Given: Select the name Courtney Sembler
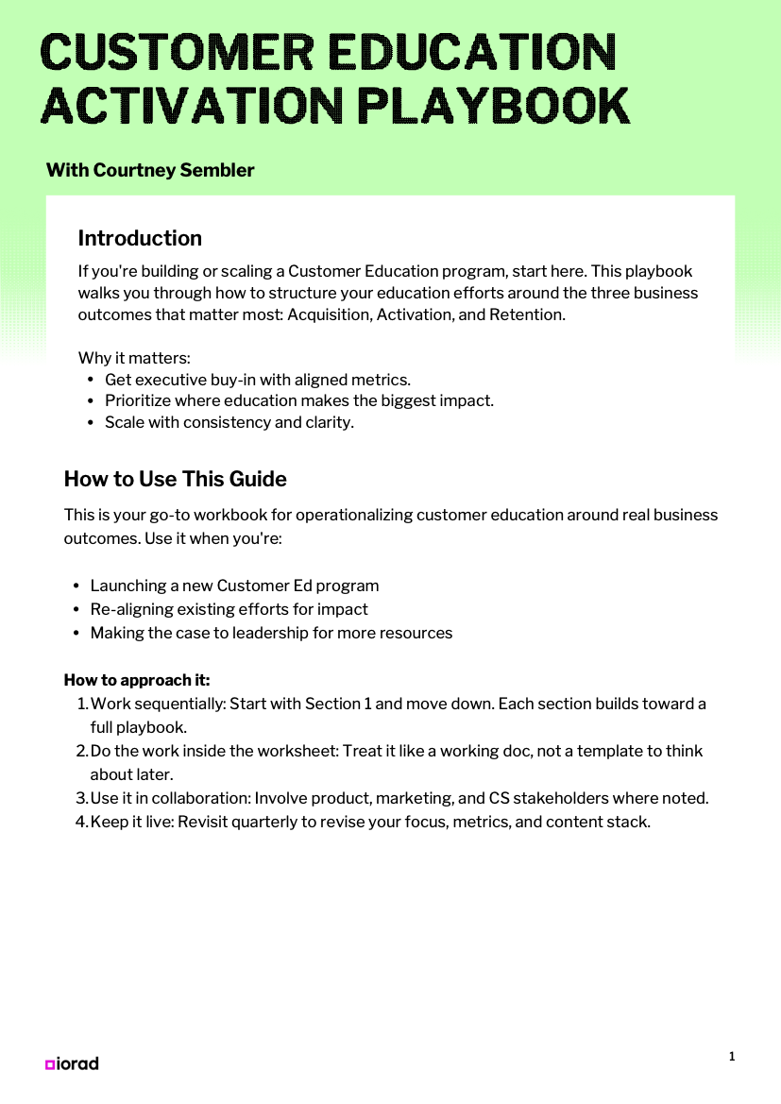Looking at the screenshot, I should [174, 170].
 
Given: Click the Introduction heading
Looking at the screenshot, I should [140, 238].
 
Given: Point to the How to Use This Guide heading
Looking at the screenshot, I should [175, 479].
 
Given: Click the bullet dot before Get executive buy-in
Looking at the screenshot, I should [91, 381].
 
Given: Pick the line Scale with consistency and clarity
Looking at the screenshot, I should [229, 422].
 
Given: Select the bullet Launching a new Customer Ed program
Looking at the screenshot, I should [234, 586].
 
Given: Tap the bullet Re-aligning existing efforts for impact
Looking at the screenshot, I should [229, 609].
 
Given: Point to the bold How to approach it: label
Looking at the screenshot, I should [137, 680].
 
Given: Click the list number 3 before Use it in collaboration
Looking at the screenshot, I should [80, 798].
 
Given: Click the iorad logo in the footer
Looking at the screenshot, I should [72, 1063].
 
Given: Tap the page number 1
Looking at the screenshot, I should [732, 1057].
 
